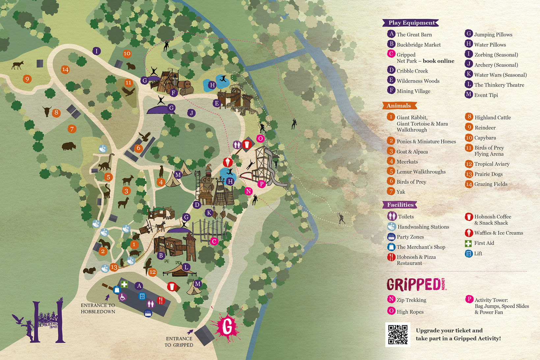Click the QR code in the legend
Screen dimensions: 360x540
click(398, 335)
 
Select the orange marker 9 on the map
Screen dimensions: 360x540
click(27, 79)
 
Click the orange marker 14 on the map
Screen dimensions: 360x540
click(65, 69)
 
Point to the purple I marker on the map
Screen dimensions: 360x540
click(96, 51)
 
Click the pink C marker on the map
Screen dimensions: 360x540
click(214, 241)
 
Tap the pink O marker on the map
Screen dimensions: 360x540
click(260, 138)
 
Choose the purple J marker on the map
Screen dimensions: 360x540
click(191, 113)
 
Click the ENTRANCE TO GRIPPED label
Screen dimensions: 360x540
click(179, 342)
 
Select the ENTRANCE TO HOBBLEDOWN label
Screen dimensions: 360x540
click(98, 309)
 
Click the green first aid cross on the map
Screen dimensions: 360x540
click(124, 285)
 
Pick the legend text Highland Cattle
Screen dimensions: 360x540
click(492, 118)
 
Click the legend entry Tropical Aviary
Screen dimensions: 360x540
click(492, 164)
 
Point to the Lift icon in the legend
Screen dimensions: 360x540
click(469, 254)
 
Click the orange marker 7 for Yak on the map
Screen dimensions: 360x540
click(72, 129)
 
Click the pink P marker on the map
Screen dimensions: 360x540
click(261, 184)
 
